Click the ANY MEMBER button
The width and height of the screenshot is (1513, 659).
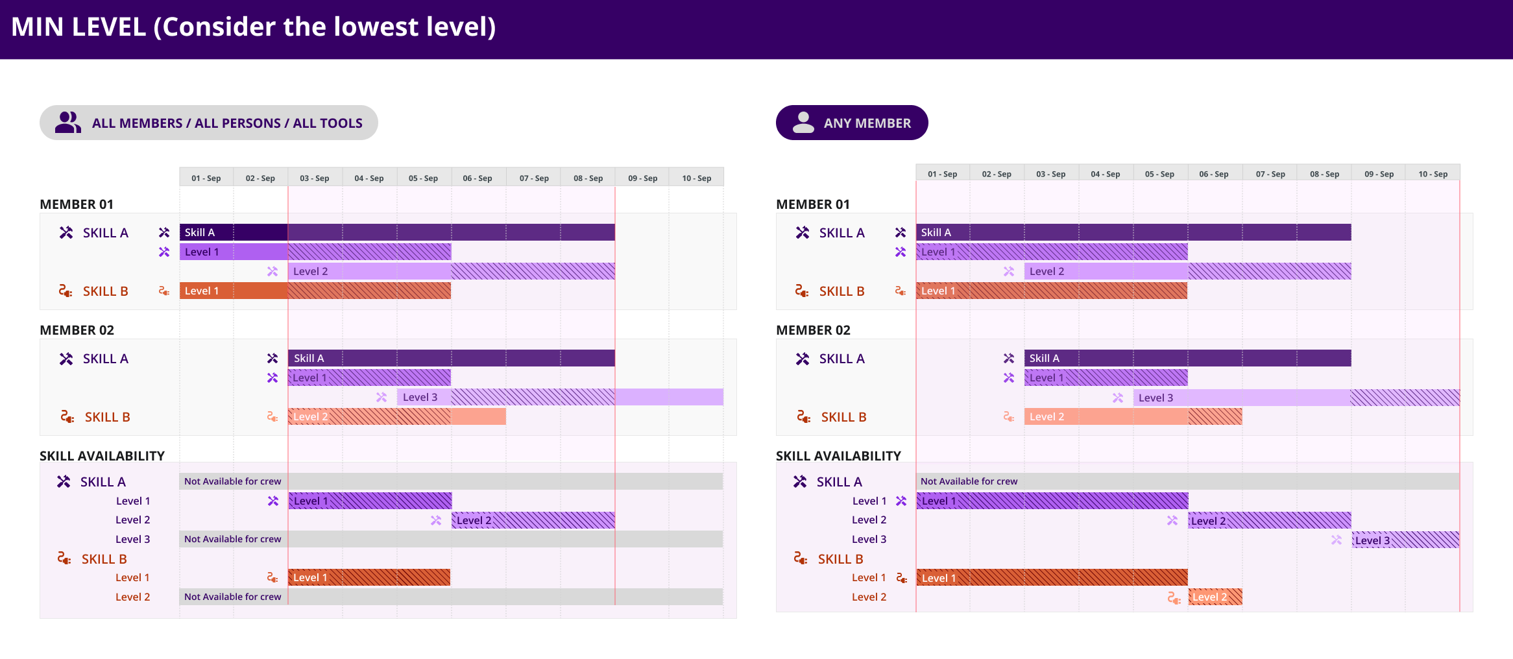point(851,123)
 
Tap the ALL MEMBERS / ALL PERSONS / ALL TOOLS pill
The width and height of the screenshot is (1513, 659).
point(208,123)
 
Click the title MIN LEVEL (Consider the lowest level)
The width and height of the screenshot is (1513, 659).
point(253,27)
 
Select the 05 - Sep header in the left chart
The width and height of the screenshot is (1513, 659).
point(423,178)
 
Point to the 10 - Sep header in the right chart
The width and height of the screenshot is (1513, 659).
point(1433,174)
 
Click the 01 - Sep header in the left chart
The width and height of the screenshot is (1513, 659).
point(206,178)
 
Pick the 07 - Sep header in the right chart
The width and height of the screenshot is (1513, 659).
point(1270,174)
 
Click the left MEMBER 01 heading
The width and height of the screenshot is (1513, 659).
point(77,204)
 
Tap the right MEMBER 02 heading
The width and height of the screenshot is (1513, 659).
point(813,330)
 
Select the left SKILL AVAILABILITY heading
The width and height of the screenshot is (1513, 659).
point(102,456)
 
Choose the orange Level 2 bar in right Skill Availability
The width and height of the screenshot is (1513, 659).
point(1215,597)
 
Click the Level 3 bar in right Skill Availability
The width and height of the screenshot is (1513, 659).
point(1405,540)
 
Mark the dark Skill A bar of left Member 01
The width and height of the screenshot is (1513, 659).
point(397,232)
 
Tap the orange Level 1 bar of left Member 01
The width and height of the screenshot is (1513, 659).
point(315,291)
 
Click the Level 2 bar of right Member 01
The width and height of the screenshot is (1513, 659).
point(1187,271)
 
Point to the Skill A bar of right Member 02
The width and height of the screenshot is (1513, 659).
point(1187,358)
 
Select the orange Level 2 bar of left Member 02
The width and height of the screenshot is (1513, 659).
point(396,416)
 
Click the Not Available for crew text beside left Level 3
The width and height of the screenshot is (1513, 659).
point(232,539)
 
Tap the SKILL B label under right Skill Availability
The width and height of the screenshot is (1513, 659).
point(840,559)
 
